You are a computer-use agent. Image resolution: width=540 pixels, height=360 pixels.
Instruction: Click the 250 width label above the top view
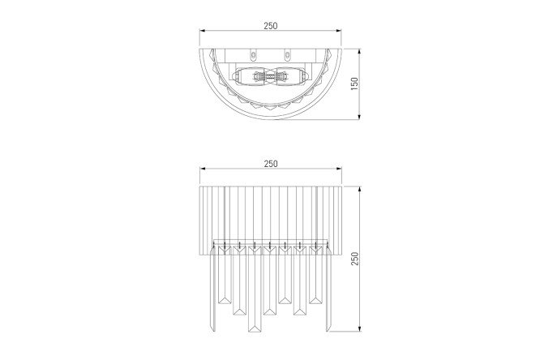pyautogui.click(x=271, y=26)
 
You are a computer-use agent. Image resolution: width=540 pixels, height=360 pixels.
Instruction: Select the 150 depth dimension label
pyautogui.click(x=354, y=84)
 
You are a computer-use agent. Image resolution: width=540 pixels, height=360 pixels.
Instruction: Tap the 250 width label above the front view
pyautogui.click(x=271, y=164)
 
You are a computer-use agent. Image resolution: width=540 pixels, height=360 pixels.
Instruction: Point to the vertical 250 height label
pyautogui.click(x=354, y=259)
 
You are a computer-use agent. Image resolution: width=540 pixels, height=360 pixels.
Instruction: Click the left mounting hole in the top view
pyautogui.click(x=254, y=54)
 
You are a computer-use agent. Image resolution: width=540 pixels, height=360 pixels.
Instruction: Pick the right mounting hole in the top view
pyautogui.click(x=287, y=54)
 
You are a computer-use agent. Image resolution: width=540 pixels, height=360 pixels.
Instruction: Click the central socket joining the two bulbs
pyautogui.click(x=270, y=76)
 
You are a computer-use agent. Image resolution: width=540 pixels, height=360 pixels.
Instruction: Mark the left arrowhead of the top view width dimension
pyautogui.click(x=202, y=31)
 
